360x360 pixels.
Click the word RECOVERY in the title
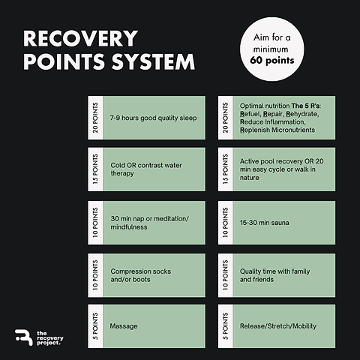[x=80, y=39]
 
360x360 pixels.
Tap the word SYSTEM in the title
[x=153, y=61]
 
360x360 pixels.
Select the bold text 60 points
[x=272, y=61]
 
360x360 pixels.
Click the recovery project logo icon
[x=23, y=337]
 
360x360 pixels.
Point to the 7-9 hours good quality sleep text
[x=153, y=118]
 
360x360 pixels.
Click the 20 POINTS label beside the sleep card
[x=95, y=118]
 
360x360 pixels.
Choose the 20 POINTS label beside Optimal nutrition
[x=225, y=118]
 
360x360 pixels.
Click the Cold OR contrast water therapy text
[x=146, y=169]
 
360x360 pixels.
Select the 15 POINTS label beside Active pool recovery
[x=225, y=169]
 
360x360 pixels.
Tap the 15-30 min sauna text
[x=265, y=223]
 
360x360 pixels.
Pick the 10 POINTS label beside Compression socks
[x=95, y=275]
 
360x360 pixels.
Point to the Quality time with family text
[x=274, y=271]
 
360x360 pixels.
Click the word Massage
[x=124, y=326]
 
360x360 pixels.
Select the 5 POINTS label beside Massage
[x=95, y=326]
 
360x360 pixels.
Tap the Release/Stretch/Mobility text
[x=278, y=326]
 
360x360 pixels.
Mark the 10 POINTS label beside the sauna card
[x=225, y=223]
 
